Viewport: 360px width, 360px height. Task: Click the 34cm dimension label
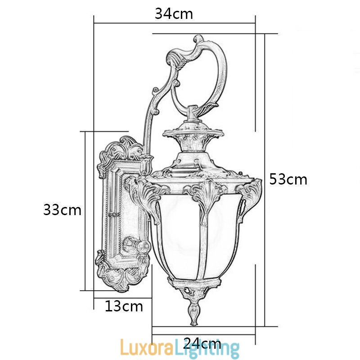174,14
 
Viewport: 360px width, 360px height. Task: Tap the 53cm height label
288,180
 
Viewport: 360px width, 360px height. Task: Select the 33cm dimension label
62,210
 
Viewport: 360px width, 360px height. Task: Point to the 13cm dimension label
124,306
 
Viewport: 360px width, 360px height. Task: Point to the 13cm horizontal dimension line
122,297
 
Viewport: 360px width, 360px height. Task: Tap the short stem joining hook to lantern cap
193,115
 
